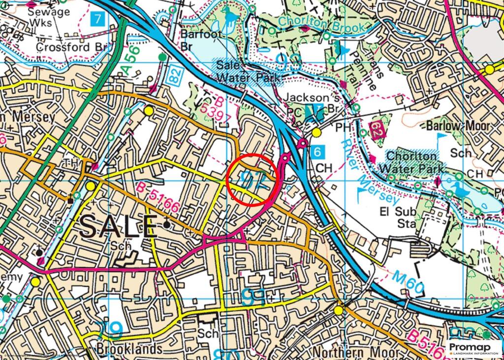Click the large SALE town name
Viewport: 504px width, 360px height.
click(x=118, y=226)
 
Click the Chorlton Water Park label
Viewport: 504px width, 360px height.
click(x=411, y=162)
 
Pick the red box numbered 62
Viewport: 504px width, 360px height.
click(x=377, y=132)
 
